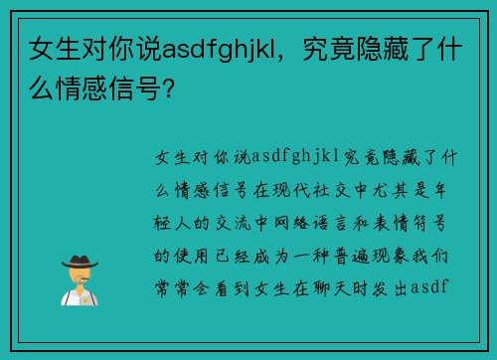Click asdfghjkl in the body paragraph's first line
(296, 157)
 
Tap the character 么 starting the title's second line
(41, 83)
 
